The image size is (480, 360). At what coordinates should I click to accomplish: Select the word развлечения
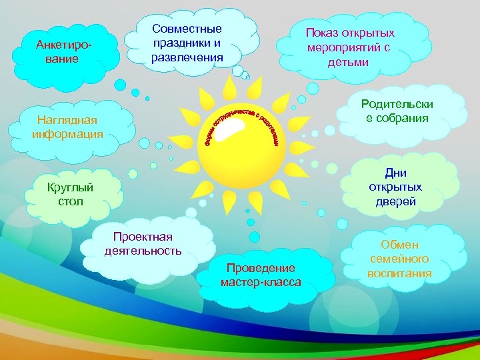click(187, 57)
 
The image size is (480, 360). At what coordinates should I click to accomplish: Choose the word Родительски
click(397, 104)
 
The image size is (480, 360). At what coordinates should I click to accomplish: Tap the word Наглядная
click(67, 120)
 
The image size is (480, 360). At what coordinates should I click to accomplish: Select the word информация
click(67, 134)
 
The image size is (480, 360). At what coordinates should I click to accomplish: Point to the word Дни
click(395, 173)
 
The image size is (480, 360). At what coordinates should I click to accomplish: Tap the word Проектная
click(143, 237)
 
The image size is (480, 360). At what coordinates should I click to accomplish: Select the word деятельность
click(143, 251)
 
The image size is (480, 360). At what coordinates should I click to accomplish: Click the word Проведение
click(260, 268)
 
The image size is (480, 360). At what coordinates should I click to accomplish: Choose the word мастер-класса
click(261, 282)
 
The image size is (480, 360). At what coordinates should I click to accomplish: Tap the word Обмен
click(399, 245)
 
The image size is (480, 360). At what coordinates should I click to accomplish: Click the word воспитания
click(399, 273)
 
